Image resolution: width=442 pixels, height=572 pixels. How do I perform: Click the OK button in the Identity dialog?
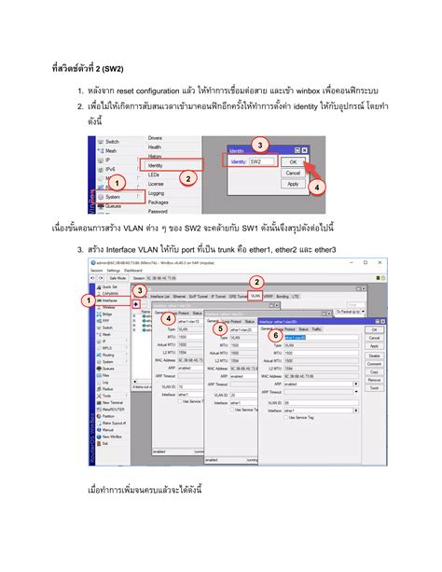(x=293, y=160)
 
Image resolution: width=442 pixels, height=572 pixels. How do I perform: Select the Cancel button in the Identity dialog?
(x=293, y=173)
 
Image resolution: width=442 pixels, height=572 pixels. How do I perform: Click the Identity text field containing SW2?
(x=264, y=161)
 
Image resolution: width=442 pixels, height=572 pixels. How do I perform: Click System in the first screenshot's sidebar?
(x=113, y=197)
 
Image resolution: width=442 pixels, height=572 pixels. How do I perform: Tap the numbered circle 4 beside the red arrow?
(x=318, y=187)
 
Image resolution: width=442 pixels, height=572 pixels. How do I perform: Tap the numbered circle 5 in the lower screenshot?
(x=219, y=328)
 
